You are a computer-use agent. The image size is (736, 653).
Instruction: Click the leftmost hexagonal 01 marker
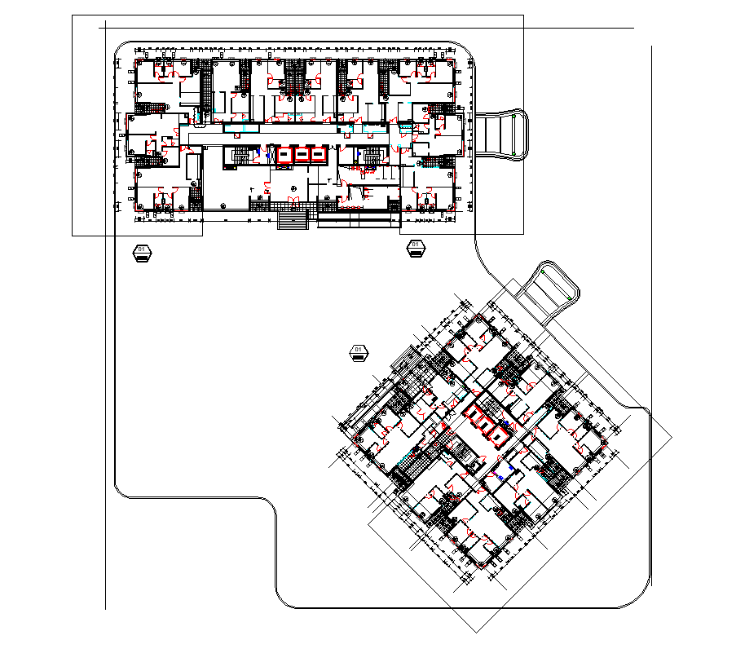coord(141,253)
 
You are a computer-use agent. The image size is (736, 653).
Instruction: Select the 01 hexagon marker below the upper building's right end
coord(415,247)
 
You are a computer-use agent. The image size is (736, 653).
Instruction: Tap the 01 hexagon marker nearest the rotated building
coord(357,352)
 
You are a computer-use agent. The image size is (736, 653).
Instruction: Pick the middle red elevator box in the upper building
coord(302,154)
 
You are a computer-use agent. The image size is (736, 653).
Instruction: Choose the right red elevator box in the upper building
coord(319,154)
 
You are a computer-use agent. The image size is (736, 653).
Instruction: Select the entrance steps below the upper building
coord(292,218)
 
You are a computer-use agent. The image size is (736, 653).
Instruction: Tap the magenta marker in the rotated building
coord(494,471)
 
